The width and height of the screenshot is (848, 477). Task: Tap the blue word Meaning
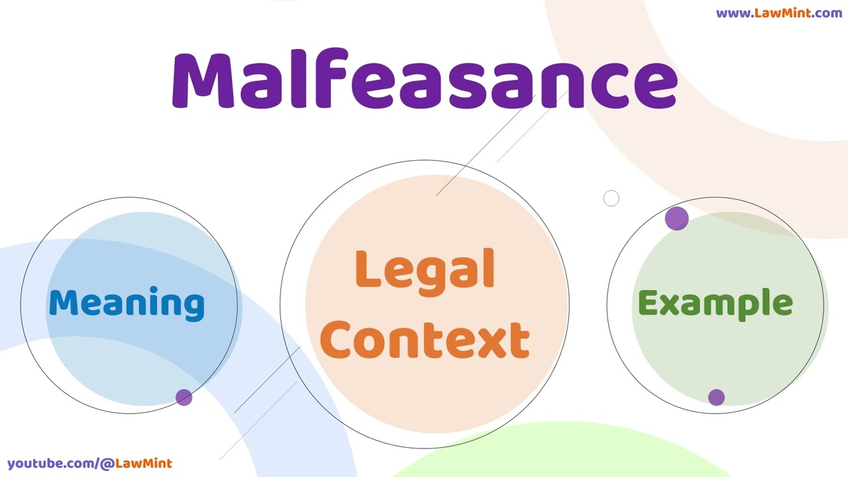point(127,303)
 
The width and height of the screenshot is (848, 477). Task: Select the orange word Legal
point(425,270)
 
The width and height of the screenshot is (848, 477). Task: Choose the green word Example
point(715,303)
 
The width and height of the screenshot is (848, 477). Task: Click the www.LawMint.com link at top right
point(778,13)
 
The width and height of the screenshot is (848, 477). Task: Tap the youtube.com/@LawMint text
point(89,464)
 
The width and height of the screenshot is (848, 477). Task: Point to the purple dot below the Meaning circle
point(184,397)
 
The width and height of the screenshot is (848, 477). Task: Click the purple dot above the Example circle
point(676,219)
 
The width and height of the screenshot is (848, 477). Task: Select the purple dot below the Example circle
point(716,397)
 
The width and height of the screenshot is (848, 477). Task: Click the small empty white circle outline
point(611,198)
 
